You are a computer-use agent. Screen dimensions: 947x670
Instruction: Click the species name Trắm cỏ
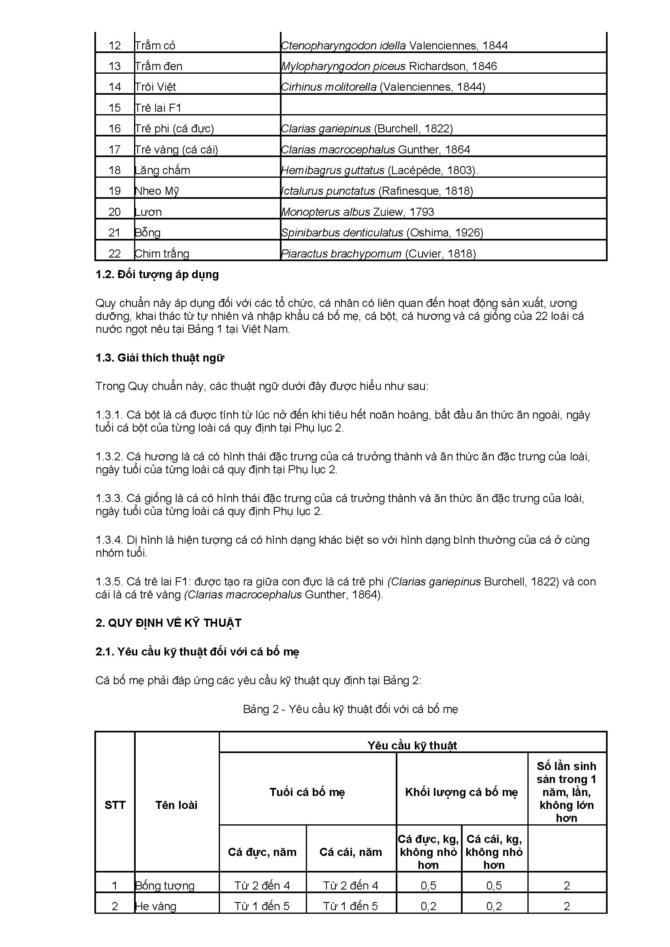click(x=156, y=45)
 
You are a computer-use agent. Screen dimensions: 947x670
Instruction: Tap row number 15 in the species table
click(x=115, y=108)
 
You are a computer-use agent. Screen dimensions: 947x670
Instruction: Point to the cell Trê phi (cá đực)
click(x=175, y=129)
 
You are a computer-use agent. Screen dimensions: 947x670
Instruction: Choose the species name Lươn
click(x=149, y=212)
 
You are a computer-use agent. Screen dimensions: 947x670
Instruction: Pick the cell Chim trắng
click(x=162, y=253)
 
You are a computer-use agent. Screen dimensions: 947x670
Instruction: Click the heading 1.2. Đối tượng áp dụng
click(x=157, y=274)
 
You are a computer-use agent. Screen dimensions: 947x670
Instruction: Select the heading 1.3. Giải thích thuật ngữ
click(x=160, y=358)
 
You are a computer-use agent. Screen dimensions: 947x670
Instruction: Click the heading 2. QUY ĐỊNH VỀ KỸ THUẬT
click(x=169, y=623)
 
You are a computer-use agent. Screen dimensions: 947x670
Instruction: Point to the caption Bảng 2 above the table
click(x=350, y=709)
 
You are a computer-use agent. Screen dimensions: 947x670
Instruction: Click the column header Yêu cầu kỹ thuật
click(x=412, y=745)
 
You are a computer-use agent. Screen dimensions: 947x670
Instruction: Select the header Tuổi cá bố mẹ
click(x=307, y=792)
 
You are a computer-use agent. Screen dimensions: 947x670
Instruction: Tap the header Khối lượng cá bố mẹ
click(x=461, y=792)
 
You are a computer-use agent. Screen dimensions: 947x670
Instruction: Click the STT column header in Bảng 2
click(x=115, y=805)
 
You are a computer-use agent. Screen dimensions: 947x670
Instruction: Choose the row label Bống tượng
click(x=165, y=885)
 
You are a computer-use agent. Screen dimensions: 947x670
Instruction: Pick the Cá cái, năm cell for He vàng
click(x=350, y=906)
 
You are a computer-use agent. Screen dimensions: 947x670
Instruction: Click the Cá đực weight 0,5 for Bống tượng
click(x=428, y=885)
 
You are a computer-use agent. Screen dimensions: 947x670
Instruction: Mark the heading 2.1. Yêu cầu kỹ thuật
click(x=197, y=652)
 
